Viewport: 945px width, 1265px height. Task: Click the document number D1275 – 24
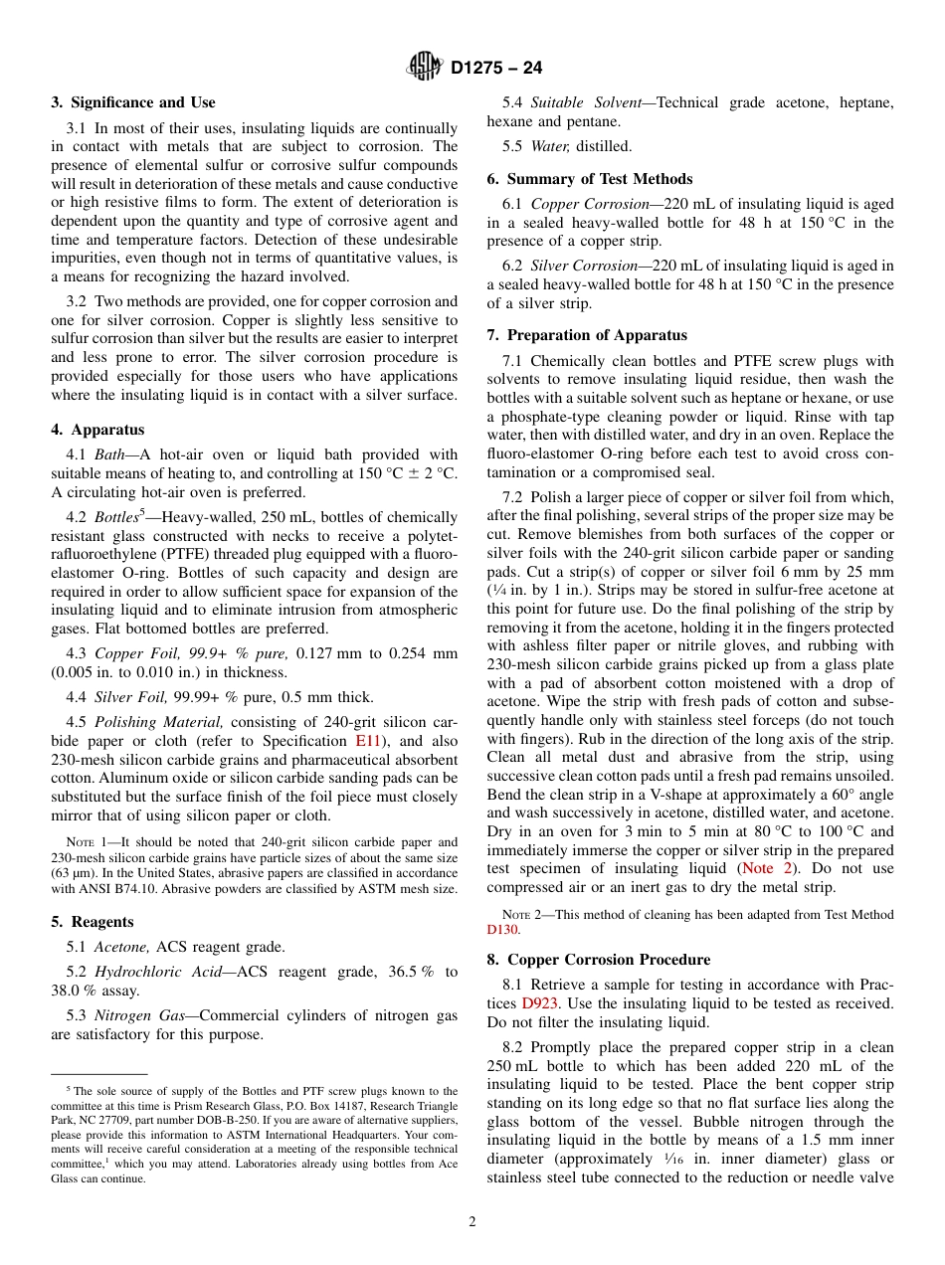coord(496,69)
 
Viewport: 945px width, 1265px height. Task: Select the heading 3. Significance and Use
coord(133,102)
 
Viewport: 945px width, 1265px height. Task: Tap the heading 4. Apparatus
coord(97,430)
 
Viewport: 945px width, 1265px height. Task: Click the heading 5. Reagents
coord(93,922)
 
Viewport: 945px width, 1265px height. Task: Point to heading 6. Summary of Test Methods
coord(590,179)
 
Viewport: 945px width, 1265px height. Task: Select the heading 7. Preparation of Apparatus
coord(587,335)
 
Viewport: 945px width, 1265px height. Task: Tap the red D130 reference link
coord(502,931)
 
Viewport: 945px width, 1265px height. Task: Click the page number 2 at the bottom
coord(472,1222)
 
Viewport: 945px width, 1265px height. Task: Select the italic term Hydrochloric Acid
coord(149,972)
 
